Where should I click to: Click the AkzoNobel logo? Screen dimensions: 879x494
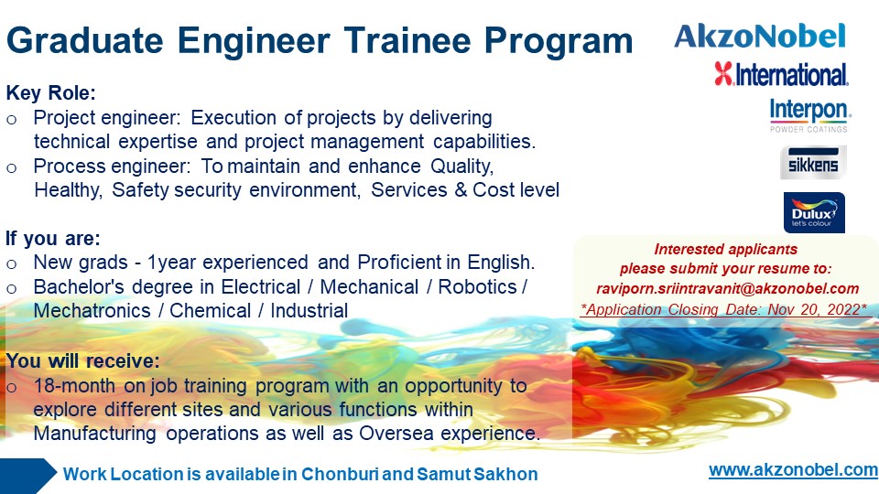point(760,36)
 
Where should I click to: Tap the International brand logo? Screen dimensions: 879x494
point(781,74)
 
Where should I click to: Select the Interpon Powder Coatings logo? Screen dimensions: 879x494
point(810,115)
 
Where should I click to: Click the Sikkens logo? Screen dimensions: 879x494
point(813,163)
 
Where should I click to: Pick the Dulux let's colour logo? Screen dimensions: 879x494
point(814,212)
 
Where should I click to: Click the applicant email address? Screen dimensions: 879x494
point(727,288)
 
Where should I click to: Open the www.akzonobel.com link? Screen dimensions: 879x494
point(793,470)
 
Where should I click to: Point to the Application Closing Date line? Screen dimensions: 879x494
point(724,309)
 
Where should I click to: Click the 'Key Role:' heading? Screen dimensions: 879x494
point(51,93)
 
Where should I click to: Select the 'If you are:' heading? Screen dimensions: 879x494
point(53,239)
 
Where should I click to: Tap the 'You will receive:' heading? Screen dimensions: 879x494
point(83,361)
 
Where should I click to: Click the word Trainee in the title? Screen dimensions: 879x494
point(407,41)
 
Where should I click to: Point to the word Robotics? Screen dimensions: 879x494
point(477,286)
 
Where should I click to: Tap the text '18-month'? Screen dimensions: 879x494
point(74,386)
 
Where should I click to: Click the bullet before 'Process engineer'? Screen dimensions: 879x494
point(12,168)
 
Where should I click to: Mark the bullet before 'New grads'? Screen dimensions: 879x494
point(12,263)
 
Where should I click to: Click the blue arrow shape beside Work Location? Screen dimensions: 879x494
point(28,476)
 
